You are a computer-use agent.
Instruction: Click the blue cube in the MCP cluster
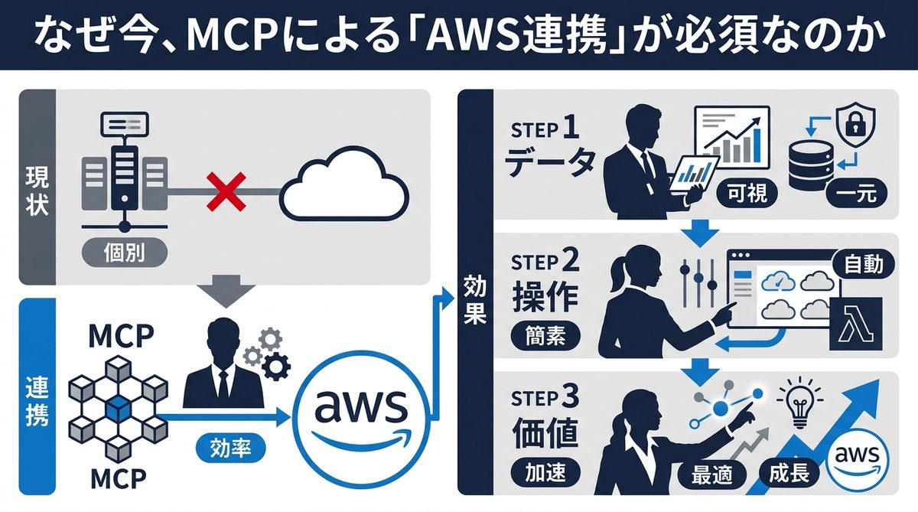coord(116,407)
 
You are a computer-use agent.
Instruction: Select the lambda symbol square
coord(855,323)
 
